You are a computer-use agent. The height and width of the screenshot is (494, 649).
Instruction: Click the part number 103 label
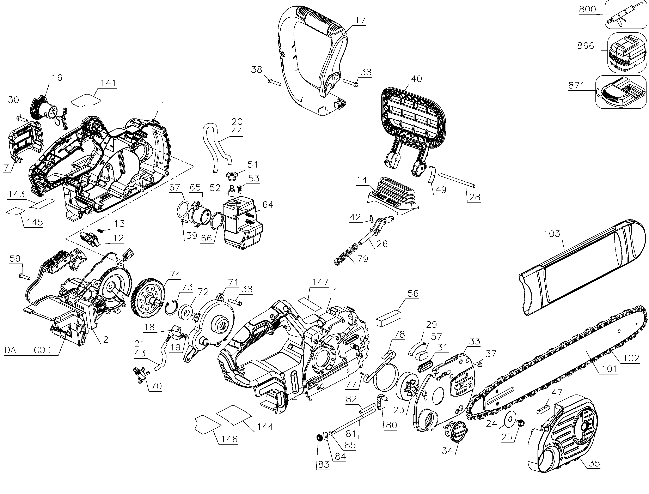[x=552, y=234]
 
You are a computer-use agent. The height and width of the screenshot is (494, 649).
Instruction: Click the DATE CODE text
[x=30, y=350]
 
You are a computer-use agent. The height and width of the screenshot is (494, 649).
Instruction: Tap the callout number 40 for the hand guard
[x=416, y=79]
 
